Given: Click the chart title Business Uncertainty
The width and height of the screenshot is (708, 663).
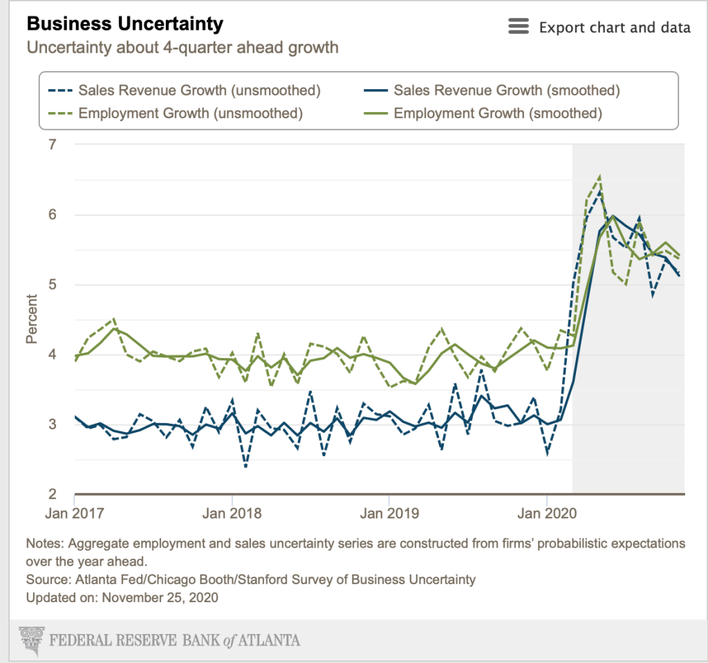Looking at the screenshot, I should click(124, 24).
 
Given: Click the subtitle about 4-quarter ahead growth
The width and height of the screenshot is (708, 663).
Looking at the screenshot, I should click(183, 48).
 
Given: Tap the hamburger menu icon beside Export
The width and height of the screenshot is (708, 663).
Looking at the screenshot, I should click(518, 27).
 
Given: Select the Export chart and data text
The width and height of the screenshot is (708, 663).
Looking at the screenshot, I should click(615, 28).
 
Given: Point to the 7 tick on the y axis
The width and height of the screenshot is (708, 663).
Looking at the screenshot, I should click(51, 144).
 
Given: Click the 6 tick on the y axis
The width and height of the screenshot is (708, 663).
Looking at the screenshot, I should click(51, 214).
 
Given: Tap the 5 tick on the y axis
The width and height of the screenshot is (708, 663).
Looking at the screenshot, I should click(51, 284).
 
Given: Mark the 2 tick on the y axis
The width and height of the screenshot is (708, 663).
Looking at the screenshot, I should click(51, 494).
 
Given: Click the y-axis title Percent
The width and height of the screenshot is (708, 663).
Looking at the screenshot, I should click(32, 319).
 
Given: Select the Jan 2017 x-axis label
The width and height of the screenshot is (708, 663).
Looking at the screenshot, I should click(74, 513).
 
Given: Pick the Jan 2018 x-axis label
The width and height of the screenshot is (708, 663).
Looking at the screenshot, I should click(232, 513).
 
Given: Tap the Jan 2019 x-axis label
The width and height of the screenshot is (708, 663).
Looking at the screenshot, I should click(390, 513).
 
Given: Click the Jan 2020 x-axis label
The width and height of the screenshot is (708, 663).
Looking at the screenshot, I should click(547, 513).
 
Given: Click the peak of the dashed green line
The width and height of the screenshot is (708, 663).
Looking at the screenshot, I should click(599, 176).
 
